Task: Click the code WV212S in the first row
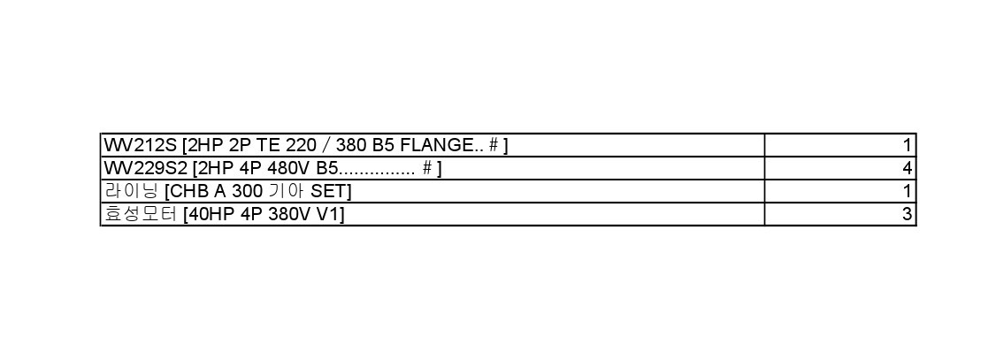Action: pos(140,145)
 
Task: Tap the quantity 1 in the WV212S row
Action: pos(908,145)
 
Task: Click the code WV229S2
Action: pos(145,168)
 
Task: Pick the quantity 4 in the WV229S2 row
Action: pos(908,168)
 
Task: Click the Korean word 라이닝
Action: pos(130,191)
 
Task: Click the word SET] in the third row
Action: pos(330,191)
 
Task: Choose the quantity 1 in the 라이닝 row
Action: pos(908,191)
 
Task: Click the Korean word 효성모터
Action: pos(141,214)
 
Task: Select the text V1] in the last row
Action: pos(330,214)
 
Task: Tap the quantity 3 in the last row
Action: pos(908,214)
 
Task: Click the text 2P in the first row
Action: pos(240,145)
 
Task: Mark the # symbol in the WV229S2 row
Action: pos(427,168)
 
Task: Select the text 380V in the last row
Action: pos(289,214)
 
